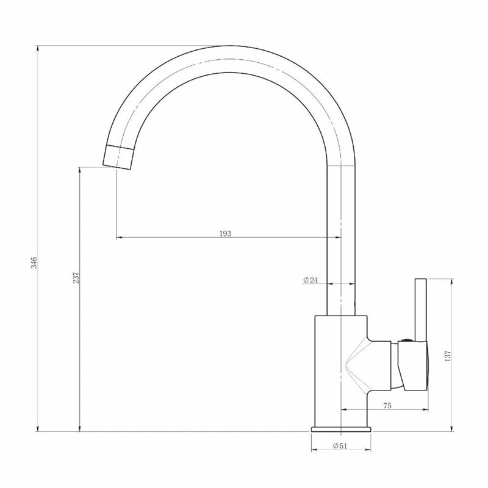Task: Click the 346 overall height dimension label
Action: (34, 263)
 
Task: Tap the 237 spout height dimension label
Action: (76, 278)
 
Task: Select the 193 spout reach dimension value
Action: (225, 234)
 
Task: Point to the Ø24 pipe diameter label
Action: (310, 280)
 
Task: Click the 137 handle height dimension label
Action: (448, 356)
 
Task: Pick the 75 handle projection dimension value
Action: (387, 406)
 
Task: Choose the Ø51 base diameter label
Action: (340, 446)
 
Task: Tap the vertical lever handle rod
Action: (420, 309)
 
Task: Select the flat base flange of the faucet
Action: (341, 429)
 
